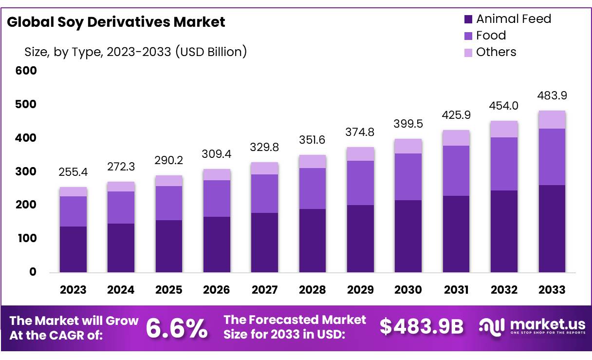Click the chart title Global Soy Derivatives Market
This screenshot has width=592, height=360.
click(x=116, y=22)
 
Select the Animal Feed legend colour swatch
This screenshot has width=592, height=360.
click(x=468, y=19)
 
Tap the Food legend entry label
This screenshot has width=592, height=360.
click(x=491, y=36)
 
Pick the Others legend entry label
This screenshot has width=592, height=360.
click(x=496, y=52)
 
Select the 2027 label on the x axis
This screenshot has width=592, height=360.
click(x=264, y=290)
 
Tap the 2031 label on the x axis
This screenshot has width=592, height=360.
click(x=456, y=290)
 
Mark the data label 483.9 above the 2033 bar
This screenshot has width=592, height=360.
click(x=552, y=95)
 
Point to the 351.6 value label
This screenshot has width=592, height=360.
click(x=312, y=140)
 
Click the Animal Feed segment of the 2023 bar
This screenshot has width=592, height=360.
click(x=73, y=249)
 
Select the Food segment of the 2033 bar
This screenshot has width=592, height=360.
click(x=552, y=157)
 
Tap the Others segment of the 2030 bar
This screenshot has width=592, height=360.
click(x=408, y=146)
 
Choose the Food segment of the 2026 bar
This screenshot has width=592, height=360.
click(x=217, y=198)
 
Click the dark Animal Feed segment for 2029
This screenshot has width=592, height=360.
click(x=360, y=238)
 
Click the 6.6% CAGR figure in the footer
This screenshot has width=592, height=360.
click(x=177, y=328)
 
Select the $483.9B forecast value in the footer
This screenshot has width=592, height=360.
click(x=422, y=327)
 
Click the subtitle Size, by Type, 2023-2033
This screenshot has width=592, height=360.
click(x=135, y=52)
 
